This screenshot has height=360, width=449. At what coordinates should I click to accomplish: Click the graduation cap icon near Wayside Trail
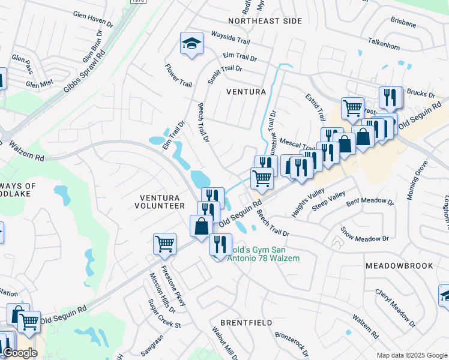tap(191, 43)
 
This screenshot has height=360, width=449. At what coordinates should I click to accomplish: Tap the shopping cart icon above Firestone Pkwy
tap(164, 244)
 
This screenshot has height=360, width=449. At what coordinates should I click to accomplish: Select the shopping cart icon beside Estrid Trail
tap(352, 108)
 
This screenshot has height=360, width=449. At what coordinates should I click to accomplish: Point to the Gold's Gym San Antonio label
tap(258, 253)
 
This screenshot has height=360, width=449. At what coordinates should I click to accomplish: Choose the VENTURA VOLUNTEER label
tap(162, 202)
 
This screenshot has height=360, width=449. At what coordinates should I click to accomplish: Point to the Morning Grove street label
tap(418, 180)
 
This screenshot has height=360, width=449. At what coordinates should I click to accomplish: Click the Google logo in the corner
tap(19, 353)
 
